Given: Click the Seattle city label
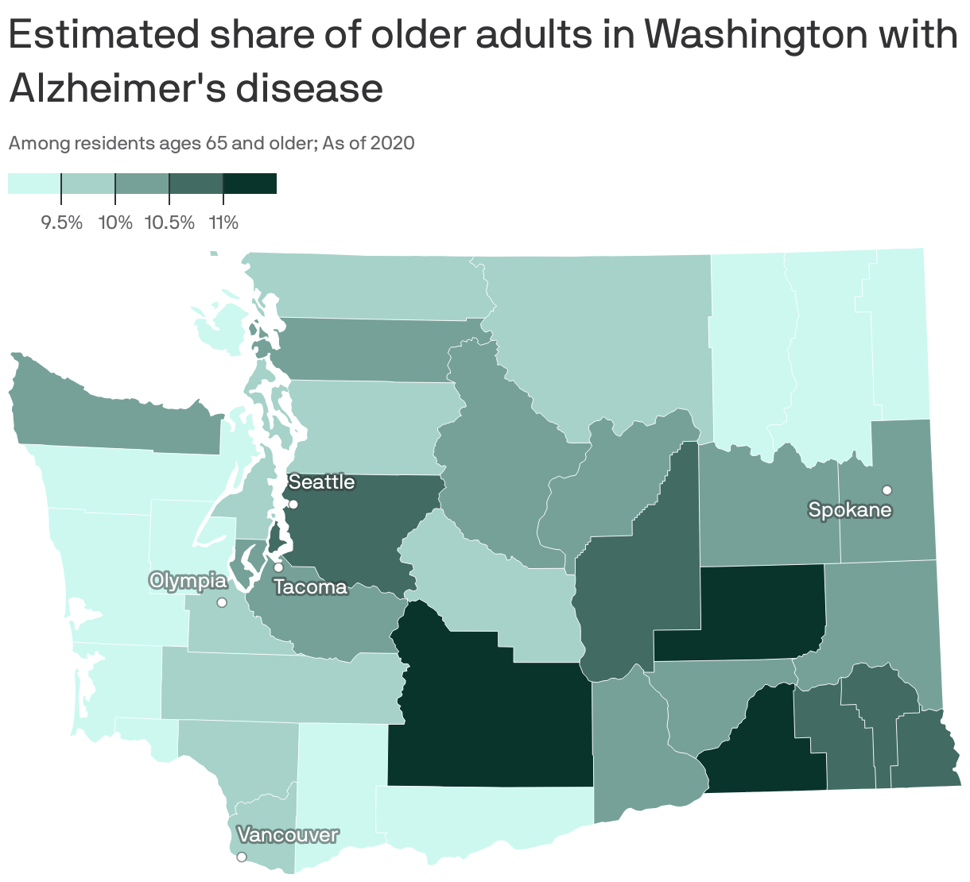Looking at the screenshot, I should [x=321, y=482].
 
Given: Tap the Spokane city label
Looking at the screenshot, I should [x=850, y=509].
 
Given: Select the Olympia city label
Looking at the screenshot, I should [x=188, y=581].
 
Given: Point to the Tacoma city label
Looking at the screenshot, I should [x=311, y=587].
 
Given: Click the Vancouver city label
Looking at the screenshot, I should [x=288, y=835].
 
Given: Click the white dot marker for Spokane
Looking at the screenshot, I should [x=887, y=489].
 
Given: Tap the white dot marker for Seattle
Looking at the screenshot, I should [x=293, y=505].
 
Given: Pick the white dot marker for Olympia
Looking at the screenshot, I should [x=222, y=602].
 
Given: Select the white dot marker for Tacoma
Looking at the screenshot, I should [x=278, y=567].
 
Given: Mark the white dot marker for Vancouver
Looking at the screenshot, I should [x=242, y=857].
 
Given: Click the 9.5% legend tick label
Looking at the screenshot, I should [x=61, y=222].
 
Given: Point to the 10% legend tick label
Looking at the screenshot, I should [x=115, y=222].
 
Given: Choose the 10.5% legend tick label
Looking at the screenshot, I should [x=169, y=222].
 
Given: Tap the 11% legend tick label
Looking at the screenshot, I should [x=223, y=222].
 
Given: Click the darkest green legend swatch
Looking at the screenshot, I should [x=250, y=184].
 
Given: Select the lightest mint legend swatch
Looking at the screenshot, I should [x=34, y=184].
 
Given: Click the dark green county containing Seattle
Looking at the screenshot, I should [x=358, y=524].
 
